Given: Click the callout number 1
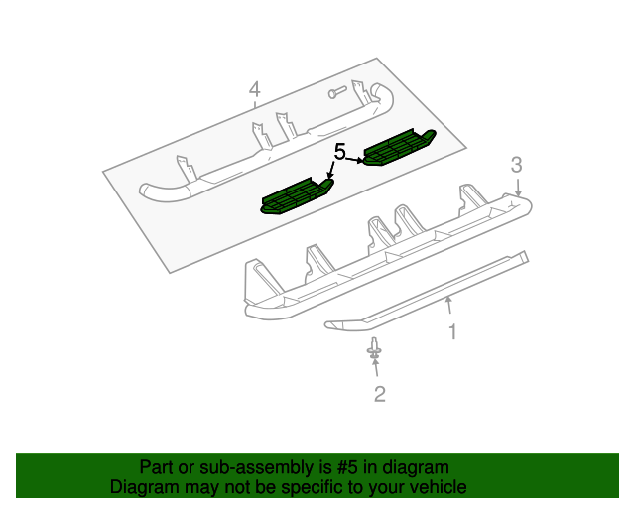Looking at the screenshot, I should coord(452,332).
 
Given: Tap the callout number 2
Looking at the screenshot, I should coord(379,395).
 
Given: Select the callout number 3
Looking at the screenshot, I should coord(516,164).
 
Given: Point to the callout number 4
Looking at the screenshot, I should coord(254,91).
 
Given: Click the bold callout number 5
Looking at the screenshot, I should coord(339,152).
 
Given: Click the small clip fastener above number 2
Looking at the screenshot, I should coord(375,349).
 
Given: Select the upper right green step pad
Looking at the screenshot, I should coord(398,147).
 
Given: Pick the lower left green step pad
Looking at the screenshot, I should coord(296,195).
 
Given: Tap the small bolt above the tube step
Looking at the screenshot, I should coord(338,94).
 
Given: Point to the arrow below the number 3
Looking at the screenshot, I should coord(518,186).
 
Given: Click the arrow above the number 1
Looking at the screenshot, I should coord(449,307).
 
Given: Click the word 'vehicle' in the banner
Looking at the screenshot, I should coord(436,487).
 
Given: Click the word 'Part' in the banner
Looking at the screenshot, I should coord(155,467).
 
